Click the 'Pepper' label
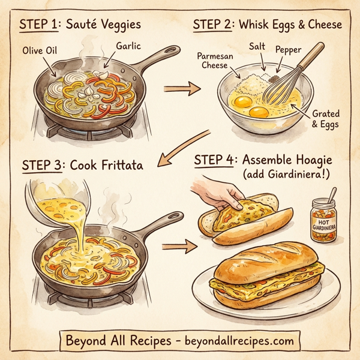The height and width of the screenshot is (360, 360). (x=290, y=52)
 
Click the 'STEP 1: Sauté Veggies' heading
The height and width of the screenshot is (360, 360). (x=80, y=26)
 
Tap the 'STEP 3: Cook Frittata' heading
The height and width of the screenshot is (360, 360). (x=82, y=165)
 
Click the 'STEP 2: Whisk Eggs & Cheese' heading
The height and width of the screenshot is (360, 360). (x=268, y=26)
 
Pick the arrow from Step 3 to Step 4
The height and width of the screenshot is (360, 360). (x=179, y=245)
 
